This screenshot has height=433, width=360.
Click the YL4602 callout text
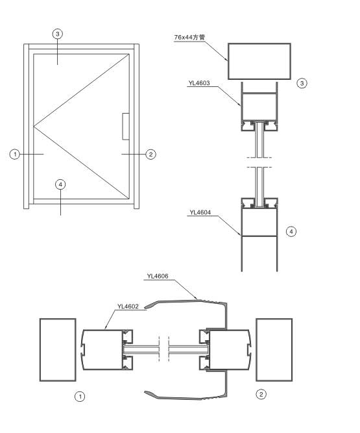click(x=128, y=305)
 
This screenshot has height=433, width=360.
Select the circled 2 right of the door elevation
click(x=151, y=154)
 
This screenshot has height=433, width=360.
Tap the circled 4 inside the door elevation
click(x=60, y=184)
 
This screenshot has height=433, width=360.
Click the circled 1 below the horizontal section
click(x=80, y=395)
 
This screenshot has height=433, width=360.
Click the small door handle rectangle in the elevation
click(x=126, y=125)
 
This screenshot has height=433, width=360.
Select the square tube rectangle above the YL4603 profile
click(x=259, y=61)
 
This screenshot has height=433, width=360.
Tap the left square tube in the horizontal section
click(x=58, y=349)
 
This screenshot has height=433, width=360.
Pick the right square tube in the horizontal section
click(x=278, y=349)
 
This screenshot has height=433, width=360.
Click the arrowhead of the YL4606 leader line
click(x=198, y=298)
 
